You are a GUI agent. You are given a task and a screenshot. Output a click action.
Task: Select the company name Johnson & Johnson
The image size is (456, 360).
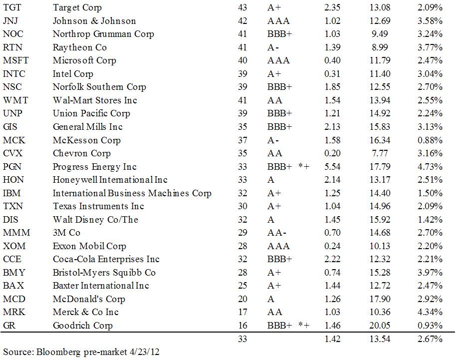[94, 21]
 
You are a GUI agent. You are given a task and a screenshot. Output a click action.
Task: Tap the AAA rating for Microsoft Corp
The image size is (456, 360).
[278, 61]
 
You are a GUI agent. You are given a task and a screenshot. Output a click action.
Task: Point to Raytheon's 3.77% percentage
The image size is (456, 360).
[430, 47]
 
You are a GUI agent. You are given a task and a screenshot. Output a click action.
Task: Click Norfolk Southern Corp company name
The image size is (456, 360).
[99, 87]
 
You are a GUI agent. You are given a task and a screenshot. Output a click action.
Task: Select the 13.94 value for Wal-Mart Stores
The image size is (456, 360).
[382, 100]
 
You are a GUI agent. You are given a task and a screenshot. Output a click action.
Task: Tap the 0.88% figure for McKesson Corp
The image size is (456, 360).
[430, 140]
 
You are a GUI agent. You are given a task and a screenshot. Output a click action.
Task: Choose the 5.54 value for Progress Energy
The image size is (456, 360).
[332, 167]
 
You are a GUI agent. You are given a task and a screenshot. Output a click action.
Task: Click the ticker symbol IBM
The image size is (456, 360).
[12, 193]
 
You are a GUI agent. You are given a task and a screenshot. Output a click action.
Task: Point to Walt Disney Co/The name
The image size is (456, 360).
[95, 220]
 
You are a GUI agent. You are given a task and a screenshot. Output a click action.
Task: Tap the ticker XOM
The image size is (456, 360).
[14, 246]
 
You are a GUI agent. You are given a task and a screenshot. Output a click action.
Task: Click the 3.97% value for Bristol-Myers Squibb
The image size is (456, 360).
[430, 273]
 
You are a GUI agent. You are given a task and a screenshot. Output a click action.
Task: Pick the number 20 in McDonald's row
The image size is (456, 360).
[243, 299]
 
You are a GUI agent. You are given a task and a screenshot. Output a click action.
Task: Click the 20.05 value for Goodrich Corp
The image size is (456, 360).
[382, 326]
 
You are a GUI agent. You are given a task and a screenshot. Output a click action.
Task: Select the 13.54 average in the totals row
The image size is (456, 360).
[382, 340]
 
